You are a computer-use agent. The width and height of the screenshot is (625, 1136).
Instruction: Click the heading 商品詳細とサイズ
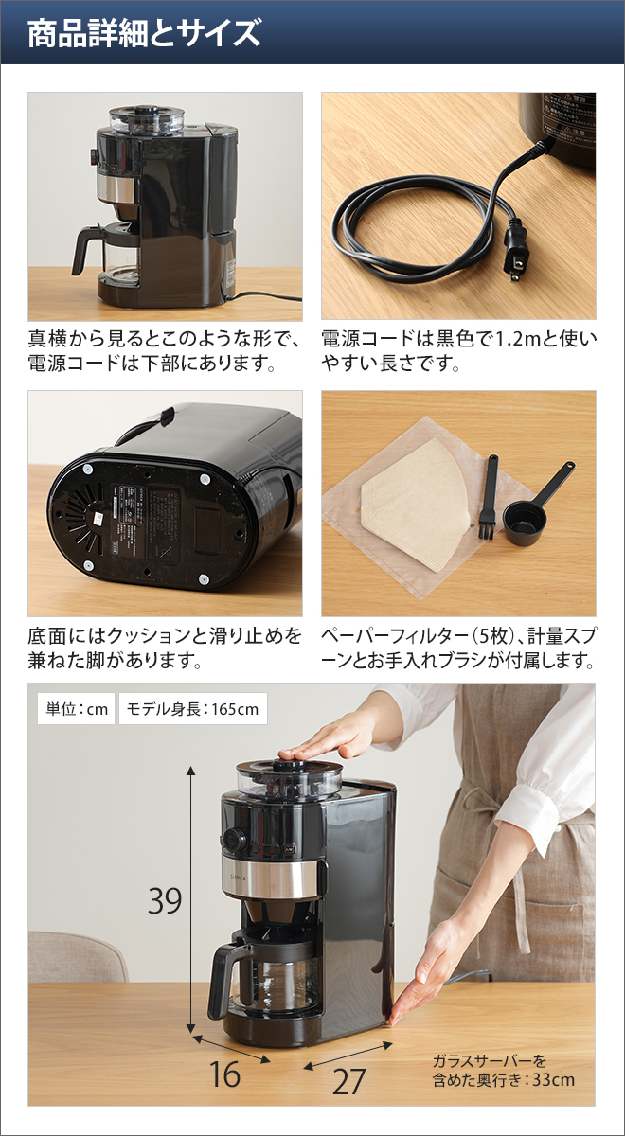[143, 34]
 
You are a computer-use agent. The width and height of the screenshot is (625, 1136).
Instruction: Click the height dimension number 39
[165, 901]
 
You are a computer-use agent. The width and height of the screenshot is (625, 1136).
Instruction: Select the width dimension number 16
[224, 1074]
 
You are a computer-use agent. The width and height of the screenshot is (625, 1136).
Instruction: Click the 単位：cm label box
[75, 709]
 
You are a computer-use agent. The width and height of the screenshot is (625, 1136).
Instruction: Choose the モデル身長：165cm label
[192, 709]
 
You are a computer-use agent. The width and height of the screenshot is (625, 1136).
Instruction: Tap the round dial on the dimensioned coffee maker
[234, 839]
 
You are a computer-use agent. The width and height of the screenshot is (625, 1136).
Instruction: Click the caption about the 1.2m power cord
[458, 350]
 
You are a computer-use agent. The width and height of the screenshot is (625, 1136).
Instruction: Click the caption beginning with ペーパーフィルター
[458, 647]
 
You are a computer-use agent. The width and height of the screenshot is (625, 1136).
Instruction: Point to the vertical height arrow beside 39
[191, 899]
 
